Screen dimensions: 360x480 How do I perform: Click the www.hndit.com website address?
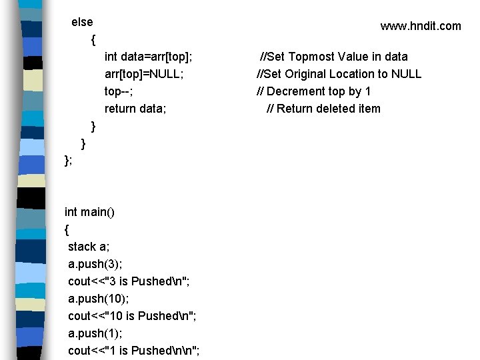click(x=420, y=26)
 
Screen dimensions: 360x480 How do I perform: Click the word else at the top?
click(x=82, y=22)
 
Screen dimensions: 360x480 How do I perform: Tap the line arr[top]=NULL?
click(x=144, y=74)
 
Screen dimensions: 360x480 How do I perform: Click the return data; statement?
click(x=135, y=109)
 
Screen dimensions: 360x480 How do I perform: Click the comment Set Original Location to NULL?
click(x=339, y=74)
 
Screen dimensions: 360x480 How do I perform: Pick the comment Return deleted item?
click(x=323, y=109)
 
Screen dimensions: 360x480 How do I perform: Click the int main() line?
click(x=89, y=212)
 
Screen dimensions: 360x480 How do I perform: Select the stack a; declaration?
click(x=89, y=247)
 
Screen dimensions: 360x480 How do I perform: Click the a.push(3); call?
click(x=94, y=264)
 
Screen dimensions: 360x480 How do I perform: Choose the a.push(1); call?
click(x=94, y=333)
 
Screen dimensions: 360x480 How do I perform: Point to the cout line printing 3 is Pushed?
click(x=129, y=281)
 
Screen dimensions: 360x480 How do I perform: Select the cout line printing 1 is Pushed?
click(x=134, y=351)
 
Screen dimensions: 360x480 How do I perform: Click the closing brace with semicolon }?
click(x=68, y=161)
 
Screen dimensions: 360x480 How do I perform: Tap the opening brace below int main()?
click(x=67, y=230)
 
